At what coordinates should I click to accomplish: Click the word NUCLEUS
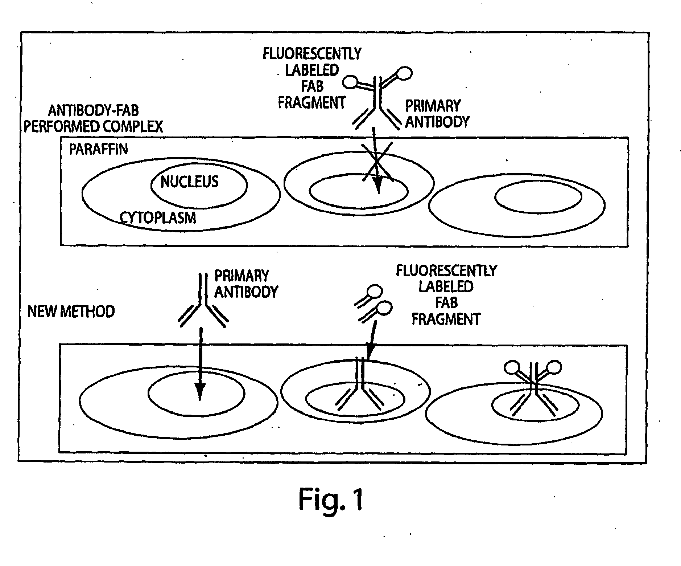189,182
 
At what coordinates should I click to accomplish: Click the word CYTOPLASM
158,217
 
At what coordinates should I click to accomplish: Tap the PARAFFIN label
99,149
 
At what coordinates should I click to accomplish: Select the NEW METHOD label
71,311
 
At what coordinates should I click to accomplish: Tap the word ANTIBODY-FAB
93,111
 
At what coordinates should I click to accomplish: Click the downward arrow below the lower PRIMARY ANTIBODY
199,363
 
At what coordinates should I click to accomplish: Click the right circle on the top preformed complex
404,73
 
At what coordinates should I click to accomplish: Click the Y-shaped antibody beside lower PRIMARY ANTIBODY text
202,301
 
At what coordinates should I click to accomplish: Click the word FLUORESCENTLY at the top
312,54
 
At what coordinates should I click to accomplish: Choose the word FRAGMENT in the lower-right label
446,319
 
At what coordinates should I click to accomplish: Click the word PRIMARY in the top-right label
433,106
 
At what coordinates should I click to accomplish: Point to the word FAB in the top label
312,86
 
